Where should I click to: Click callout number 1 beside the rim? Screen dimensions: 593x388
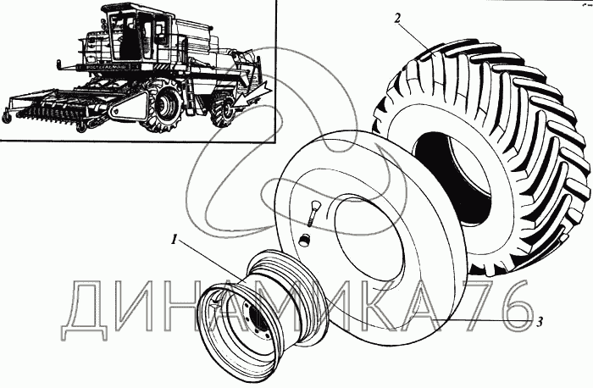(x=175, y=240)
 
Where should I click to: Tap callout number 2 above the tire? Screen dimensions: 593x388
(x=397, y=18)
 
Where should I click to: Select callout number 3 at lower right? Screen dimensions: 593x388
(x=540, y=322)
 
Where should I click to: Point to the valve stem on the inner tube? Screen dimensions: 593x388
(x=313, y=213)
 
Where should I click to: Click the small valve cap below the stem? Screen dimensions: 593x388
(x=303, y=240)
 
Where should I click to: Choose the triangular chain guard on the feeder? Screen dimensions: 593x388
(x=129, y=106)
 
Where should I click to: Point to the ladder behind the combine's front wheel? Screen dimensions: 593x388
(x=190, y=96)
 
